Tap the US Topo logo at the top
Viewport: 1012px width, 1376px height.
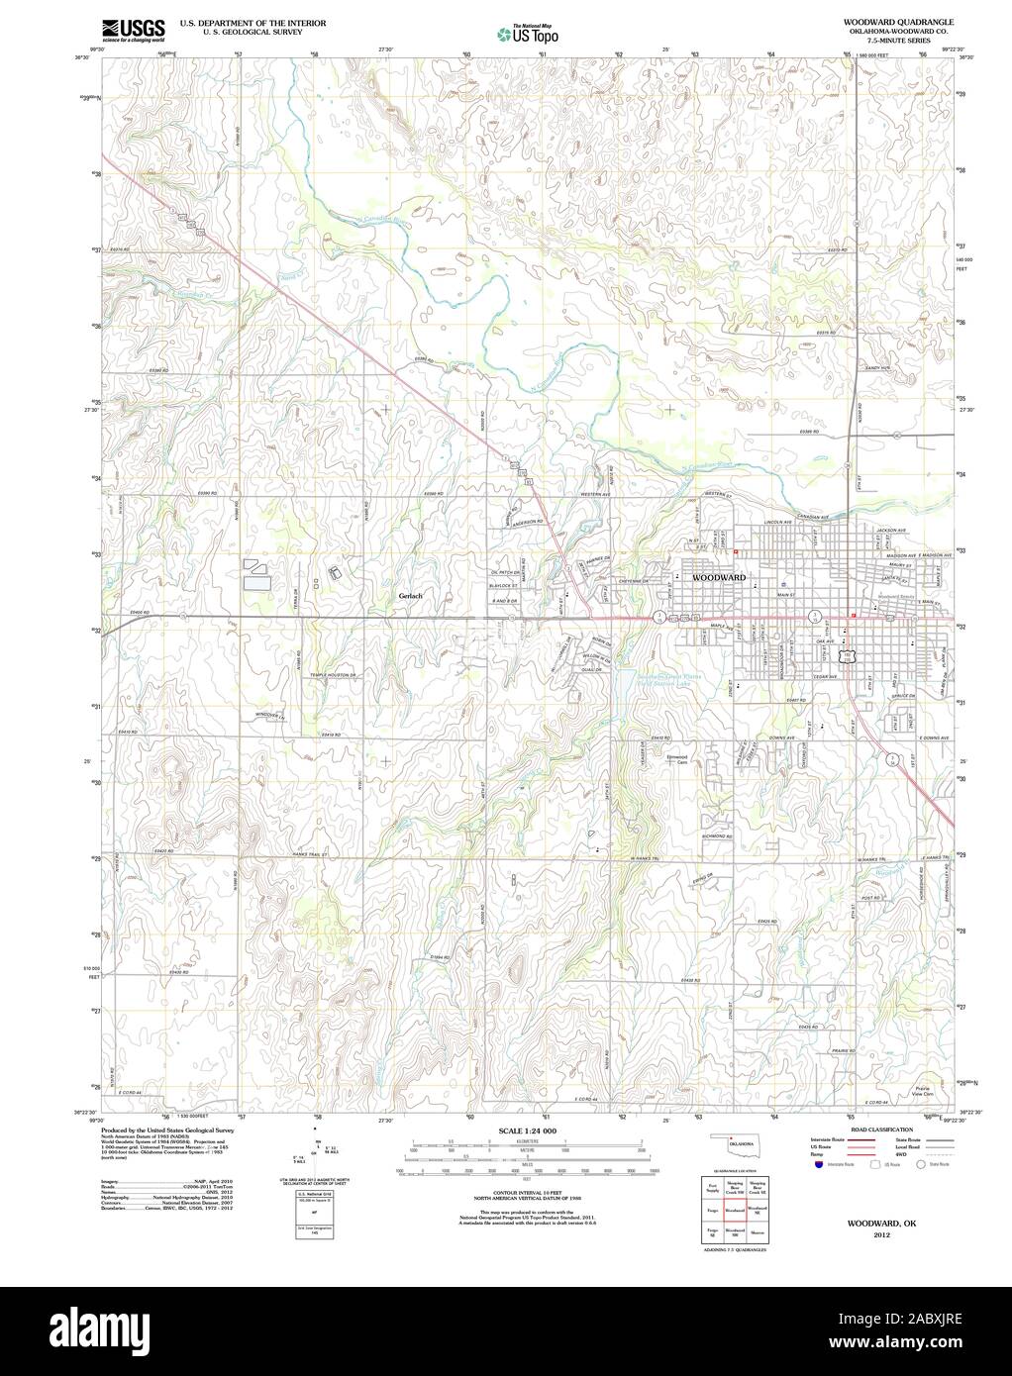coord(528,34)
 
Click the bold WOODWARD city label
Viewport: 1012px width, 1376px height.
coord(719,576)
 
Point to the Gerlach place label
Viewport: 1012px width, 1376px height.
coord(410,596)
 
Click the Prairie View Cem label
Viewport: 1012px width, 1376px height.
coord(926,1085)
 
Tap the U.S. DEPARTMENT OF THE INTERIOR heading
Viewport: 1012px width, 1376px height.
coord(234,21)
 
